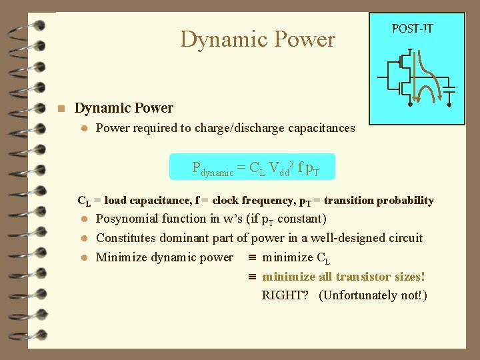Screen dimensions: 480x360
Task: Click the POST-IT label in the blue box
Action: [x=412, y=28]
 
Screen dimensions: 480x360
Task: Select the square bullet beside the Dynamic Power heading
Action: [x=60, y=109]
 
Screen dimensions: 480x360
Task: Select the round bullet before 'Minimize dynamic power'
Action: [x=85, y=258]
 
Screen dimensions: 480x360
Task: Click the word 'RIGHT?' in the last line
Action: [x=285, y=295]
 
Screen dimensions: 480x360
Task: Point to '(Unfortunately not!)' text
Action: [x=373, y=295]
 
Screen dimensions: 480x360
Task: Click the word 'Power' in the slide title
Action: [x=303, y=39]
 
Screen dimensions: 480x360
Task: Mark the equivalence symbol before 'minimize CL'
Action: [x=252, y=258]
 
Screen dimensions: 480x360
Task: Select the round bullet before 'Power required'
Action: [x=85, y=128]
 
